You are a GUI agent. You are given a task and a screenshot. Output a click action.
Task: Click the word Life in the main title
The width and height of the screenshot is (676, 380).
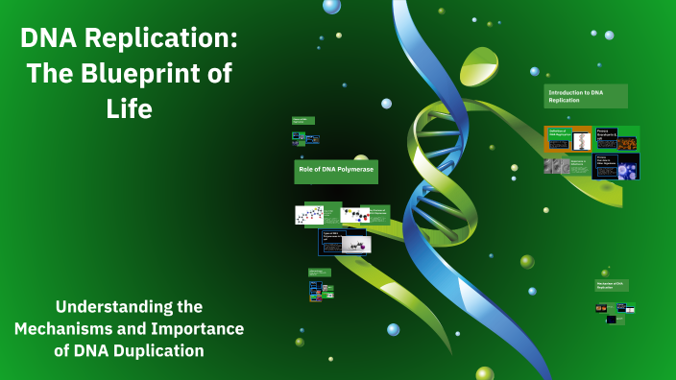tap(129, 108)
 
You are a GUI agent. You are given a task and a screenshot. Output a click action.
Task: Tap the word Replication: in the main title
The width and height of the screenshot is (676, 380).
tap(168, 40)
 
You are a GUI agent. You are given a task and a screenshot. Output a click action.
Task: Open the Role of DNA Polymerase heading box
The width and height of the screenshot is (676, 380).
tap(335, 172)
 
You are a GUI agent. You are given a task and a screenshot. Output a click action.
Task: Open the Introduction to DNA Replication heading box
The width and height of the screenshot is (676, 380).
tap(586, 96)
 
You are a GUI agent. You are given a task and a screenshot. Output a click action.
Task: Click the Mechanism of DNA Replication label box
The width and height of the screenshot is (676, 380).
tap(612, 286)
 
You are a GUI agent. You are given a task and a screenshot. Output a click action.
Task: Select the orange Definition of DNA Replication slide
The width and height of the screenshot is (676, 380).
tap(567, 140)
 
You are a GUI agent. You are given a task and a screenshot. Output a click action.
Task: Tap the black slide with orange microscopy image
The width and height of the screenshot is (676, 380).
tap(616, 138)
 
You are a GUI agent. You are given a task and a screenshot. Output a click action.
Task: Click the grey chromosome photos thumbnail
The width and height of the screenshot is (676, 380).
tap(557, 166)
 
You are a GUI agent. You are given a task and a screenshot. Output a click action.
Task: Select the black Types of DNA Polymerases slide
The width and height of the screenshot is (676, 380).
tap(344, 241)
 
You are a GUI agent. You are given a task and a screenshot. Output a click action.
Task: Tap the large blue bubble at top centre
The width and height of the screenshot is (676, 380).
tap(332, 6)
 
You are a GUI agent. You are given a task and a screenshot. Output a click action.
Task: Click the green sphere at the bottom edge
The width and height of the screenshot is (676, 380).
tap(485, 374)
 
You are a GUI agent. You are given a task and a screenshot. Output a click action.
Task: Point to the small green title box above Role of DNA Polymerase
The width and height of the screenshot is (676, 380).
tap(303, 122)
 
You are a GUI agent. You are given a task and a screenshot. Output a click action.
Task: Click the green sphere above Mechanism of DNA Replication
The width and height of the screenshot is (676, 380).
tap(605, 273)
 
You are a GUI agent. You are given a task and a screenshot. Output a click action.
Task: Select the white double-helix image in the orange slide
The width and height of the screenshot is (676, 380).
tap(581, 142)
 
